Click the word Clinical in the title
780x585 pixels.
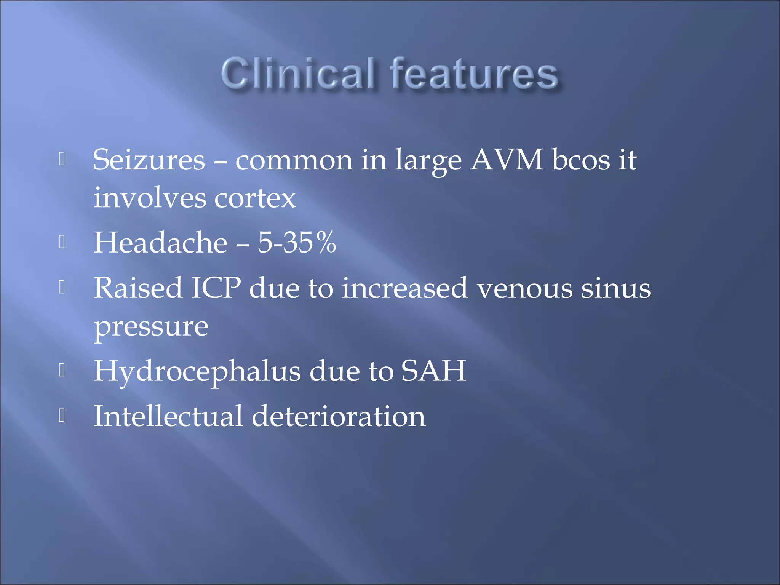[299, 74]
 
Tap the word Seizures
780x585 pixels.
[149, 160]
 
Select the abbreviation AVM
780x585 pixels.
[507, 160]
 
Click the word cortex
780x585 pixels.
[255, 198]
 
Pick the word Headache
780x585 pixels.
[160, 243]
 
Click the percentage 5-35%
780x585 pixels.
[297, 243]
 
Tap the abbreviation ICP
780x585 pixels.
[216, 288]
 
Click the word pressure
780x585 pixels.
[151, 328]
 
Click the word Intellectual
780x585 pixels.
[168, 416]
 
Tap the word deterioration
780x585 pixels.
[338, 416]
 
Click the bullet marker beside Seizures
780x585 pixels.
[62, 159]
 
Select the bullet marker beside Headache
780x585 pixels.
[62, 242]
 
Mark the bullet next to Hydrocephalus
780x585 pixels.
[62, 370]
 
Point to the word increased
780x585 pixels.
[404, 288]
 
